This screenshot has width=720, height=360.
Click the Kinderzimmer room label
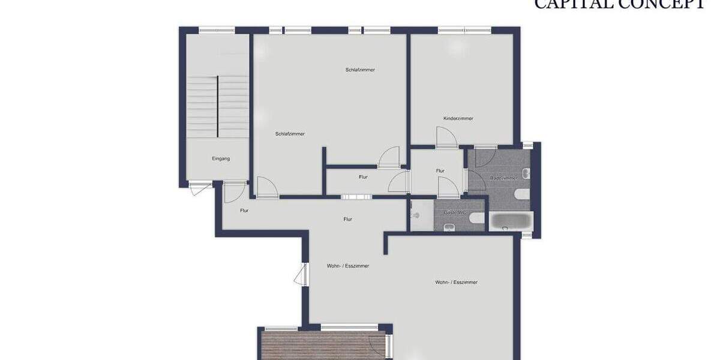coord(458,118)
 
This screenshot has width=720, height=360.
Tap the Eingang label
coord(221,158)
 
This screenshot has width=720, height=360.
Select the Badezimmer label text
coord(503,178)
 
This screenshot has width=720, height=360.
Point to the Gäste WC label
coord(454,212)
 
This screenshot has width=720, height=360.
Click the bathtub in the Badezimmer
coord(511,221)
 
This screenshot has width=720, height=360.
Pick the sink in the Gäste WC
coord(449,227)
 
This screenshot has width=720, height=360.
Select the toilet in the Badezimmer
coord(521,193)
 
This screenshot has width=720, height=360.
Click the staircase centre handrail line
coord(217,107)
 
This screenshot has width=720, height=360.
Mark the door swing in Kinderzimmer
coord(446,138)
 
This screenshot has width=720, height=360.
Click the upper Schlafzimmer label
coord(360,70)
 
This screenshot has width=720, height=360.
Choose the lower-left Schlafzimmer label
coord(290,134)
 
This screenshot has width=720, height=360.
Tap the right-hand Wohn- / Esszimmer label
coord(457,282)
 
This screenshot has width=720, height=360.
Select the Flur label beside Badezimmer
coord(440,171)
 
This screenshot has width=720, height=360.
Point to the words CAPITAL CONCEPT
coord(619,5)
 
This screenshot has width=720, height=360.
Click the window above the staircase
coord(217,30)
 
